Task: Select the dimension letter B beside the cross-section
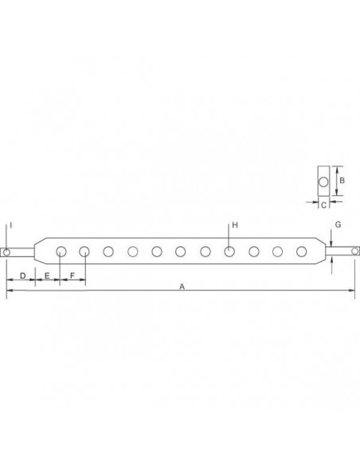pyautogui.click(x=341, y=181)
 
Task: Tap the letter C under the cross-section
pyautogui.click(x=323, y=205)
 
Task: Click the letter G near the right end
pyautogui.click(x=338, y=225)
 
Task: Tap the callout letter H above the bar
pyautogui.click(x=235, y=223)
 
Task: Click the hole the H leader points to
pyautogui.click(x=229, y=252)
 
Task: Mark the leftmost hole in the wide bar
pyautogui.click(x=61, y=252)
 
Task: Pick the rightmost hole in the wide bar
pyautogui.click(x=301, y=252)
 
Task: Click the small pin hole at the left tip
pyautogui.click(x=6, y=252)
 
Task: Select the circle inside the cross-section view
pyautogui.click(x=323, y=182)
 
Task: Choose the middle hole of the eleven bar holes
pyautogui.click(x=181, y=252)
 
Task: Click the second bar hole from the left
pyautogui.click(x=84, y=252)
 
